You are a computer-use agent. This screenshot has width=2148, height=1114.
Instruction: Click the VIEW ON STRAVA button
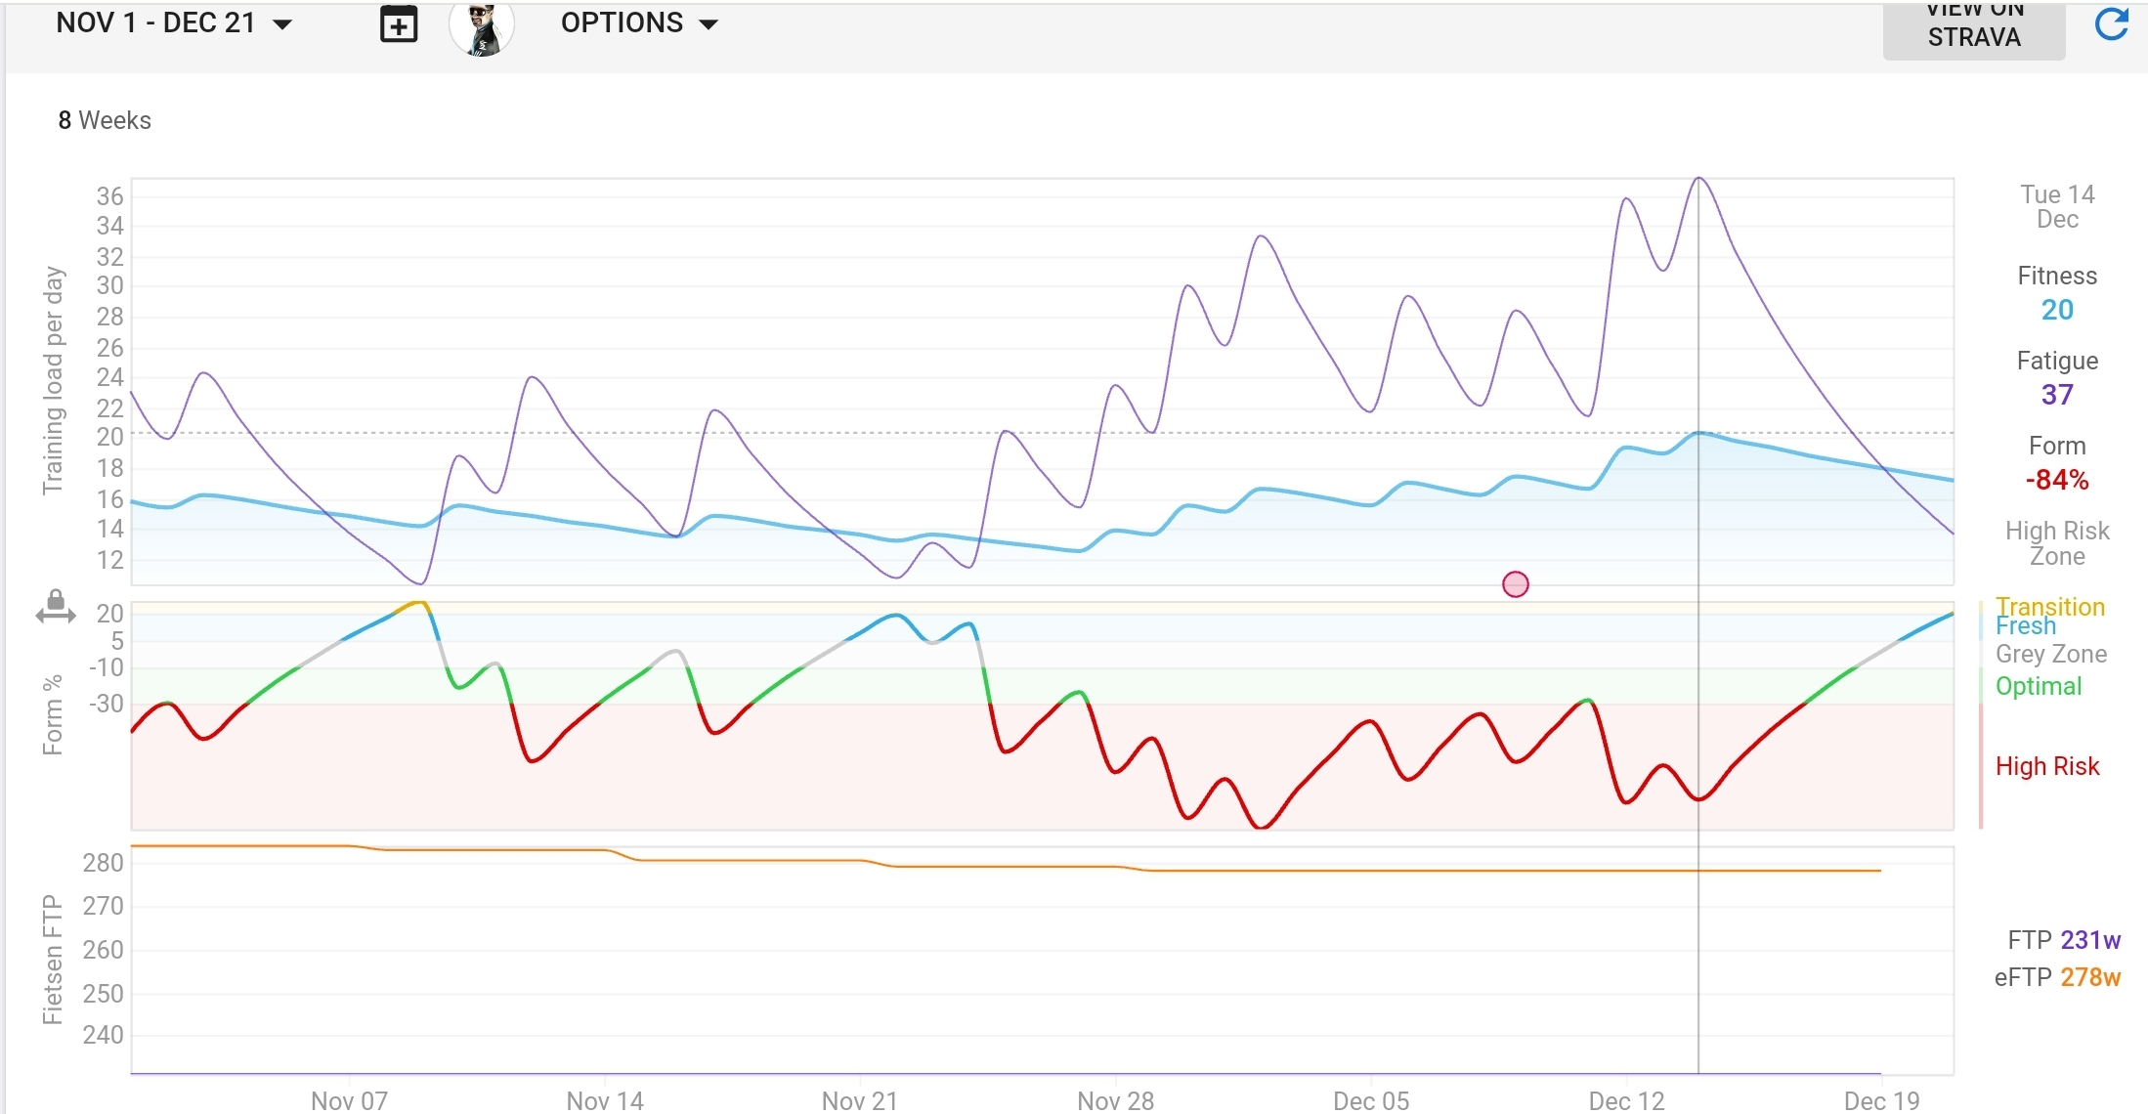click(x=1973, y=29)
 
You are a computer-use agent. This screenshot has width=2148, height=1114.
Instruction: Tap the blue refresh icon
click(x=2111, y=24)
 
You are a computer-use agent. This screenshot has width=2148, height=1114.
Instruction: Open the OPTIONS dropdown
click(x=639, y=23)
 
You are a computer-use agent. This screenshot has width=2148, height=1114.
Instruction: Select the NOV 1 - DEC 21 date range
click(x=174, y=23)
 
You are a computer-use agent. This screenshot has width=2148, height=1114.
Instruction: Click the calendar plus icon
click(x=398, y=25)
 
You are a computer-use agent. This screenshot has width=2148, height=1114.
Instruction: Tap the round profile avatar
click(x=481, y=27)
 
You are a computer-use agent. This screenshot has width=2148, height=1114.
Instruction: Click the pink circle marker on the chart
click(x=1515, y=584)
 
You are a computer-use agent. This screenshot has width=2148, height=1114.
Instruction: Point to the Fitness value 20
click(x=2057, y=310)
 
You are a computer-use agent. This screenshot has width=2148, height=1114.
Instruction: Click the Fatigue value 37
click(x=2057, y=395)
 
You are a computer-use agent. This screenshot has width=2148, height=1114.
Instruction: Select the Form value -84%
click(x=2057, y=480)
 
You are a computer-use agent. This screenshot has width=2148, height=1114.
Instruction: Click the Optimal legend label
click(x=2039, y=686)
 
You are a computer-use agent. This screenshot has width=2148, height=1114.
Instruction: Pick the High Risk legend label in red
click(x=2047, y=766)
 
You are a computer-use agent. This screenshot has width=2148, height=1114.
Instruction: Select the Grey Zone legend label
click(x=2050, y=654)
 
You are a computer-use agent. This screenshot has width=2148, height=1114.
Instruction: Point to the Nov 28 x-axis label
click(x=1115, y=1101)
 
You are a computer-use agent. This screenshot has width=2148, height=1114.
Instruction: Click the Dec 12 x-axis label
click(x=1626, y=1101)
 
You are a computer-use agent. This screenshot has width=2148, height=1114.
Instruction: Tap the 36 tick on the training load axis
click(x=109, y=196)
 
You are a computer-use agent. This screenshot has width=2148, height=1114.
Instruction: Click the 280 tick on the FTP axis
click(x=103, y=863)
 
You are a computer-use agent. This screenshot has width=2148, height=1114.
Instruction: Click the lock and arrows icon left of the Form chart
click(x=56, y=607)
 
